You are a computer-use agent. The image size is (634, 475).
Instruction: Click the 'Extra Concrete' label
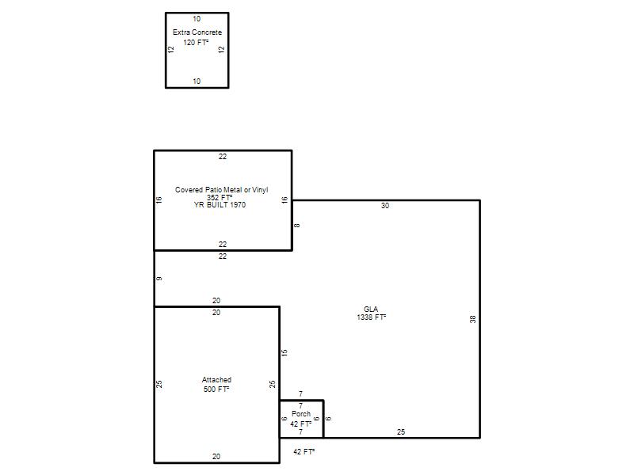[x=197, y=32]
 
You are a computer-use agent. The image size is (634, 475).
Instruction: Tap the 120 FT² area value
[x=196, y=43]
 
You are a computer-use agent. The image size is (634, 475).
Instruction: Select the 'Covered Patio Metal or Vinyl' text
[x=221, y=189]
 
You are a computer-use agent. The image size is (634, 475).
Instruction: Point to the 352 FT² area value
[x=220, y=197]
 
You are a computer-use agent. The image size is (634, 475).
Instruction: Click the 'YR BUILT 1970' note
[x=220, y=205]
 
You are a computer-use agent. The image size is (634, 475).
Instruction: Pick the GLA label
[x=371, y=309]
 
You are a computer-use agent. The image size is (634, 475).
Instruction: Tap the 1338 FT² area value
[x=371, y=317]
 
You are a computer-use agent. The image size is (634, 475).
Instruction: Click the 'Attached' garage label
[x=216, y=380]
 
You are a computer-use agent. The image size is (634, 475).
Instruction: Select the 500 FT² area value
[x=216, y=389]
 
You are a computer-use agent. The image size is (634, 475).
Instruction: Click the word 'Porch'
[x=301, y=413]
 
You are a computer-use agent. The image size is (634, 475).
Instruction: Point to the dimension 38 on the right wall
[x=472, y=319]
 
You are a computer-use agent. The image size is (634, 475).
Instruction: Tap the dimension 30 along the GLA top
[x=385, y=206]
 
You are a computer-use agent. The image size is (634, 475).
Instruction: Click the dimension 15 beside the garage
[x=285, y=352]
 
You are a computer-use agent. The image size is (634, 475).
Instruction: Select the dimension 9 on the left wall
[x=159, y=279]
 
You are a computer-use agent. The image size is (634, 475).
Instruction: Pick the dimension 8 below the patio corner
[x=296, y=226]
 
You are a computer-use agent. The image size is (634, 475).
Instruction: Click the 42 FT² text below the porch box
[x=304, y=451]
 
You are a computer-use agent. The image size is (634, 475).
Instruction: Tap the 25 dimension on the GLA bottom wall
[x=401, y=431]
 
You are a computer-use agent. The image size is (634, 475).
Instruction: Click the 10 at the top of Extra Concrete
[x=197, y=18]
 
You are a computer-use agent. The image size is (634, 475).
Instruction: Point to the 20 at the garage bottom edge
[x=216, y=457]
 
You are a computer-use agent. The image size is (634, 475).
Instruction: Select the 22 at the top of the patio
[x=223, y=156]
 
